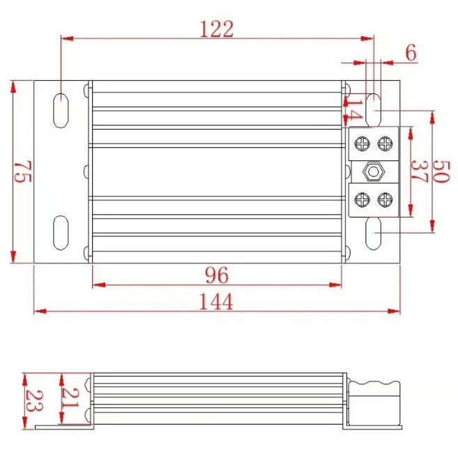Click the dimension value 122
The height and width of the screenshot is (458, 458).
[216, 29]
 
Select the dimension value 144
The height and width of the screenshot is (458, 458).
[217, 301]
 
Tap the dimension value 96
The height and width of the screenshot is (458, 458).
[217, 275]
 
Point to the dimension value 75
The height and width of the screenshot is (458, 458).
[22, 171]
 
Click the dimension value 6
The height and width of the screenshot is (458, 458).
[410, 52]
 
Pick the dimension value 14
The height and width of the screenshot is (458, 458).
[355, 109]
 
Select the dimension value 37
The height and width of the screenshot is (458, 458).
[419, 171]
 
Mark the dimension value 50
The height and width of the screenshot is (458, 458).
[441, 171]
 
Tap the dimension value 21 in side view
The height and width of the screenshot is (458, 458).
[70, 399]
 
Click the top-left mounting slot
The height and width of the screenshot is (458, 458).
[61, 109]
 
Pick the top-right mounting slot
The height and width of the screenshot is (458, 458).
[373, 109]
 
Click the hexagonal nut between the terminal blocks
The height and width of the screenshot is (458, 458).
[373, 171]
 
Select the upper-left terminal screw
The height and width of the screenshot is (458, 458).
[362, 144]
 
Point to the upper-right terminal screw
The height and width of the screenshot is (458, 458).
[384, 144]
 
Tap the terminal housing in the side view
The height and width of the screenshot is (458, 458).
[374, 401]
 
